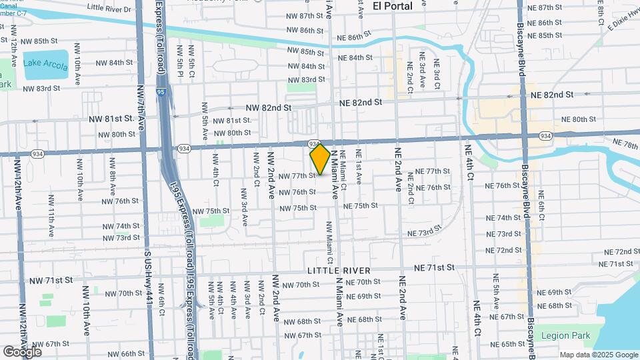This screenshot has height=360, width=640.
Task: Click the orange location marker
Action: [x=320, y=159]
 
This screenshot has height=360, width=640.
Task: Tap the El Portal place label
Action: [x=392, y=5]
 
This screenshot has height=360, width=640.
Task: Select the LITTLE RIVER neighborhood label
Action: [x=339, y=271]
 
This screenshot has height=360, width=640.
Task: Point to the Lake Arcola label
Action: [x=45, y=63]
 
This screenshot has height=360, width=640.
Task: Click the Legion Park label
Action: [x=565, y=336]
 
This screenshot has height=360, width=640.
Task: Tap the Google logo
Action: [x=22, y=351]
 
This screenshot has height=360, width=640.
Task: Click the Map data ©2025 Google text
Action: [x=599, y=355]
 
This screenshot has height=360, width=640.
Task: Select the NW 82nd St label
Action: [x=269, y=107]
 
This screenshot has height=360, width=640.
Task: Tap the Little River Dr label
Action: [x=109, y=9]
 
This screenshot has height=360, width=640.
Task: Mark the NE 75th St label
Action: [x=361, y=206]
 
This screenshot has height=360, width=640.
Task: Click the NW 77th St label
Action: [x=297, y=176]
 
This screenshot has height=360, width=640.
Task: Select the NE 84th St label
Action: [x=355, y=58]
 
